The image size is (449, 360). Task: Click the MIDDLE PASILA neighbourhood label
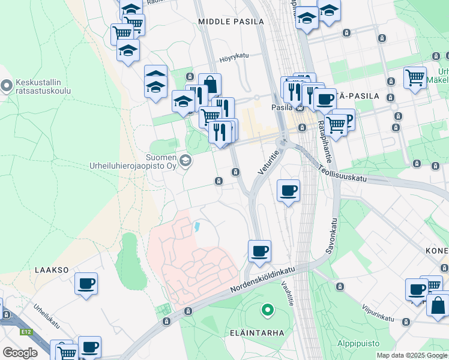(x=231, y=22)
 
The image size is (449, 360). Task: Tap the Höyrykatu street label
(x=234, y=56)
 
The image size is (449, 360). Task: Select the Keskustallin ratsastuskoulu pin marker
(x=7, y=86)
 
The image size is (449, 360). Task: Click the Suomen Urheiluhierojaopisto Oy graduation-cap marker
(x=186, y=160)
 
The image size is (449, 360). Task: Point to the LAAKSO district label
(x=52, y=271)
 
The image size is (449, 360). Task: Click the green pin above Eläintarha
(x=267, y=310)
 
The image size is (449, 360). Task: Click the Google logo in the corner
(x=20, y=353)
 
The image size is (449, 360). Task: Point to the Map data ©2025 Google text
(x=412, y=355)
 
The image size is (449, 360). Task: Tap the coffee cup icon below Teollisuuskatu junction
(x=288, y=190)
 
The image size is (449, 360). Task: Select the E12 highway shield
(x=25, y=331)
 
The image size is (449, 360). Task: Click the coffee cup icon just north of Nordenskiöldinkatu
(x=259, y=250)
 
